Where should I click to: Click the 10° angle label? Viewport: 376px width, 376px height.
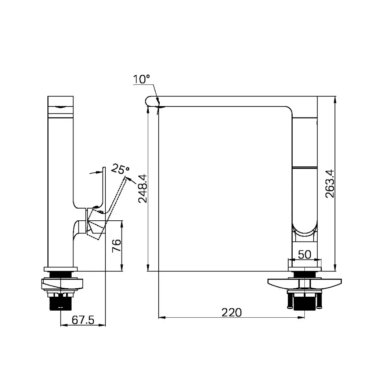(142, 79)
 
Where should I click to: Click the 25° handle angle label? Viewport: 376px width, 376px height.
(120, 170)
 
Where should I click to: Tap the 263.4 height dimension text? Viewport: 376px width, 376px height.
(329, 183)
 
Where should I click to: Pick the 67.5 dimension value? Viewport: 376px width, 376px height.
(83, 320)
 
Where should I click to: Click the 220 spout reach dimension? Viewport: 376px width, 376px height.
(231, 312)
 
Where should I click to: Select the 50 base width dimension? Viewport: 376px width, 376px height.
(304, 254)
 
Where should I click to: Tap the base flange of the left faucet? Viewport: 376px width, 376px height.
(61, 269)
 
